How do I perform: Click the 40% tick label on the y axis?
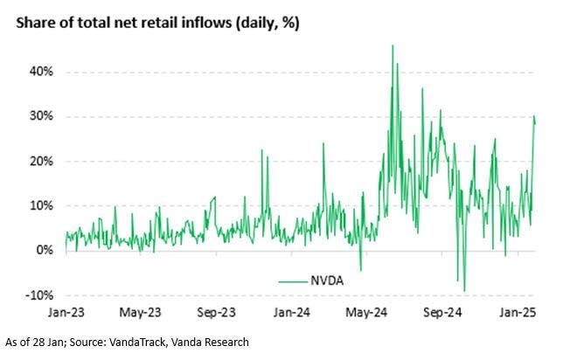[x=41, y=72]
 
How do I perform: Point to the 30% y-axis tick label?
[x=41, y=116]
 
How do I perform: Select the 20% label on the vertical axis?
[x=41, y=161]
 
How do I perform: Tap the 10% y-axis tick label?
[x=41, y=205]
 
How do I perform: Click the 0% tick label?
[x=45, y=250]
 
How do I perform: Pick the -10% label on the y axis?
[x=39, y=294]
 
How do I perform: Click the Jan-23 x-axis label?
[x=66, y=312]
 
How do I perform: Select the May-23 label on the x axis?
[x=142, y=312]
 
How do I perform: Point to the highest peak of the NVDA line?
[x=393, y=45]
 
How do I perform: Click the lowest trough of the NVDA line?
[x=464, y=291]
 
